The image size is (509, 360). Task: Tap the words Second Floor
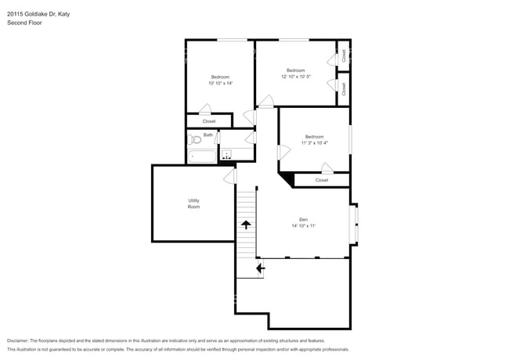pyautogui.click(x=24, y=23)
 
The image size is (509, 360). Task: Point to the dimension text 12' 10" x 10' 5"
pyautogui.click(x=296, y=77)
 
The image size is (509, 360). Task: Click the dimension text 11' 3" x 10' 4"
pyautogui.click(x=315, y=142)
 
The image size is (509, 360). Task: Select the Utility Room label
pyautogui.click(x=193, y=203)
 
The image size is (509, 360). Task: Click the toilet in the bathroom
pyautogui.click(x=193, y=141)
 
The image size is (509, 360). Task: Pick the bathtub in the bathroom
pyautogui.click(x=203, y=157)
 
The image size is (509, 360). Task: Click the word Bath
pyautogui.click(x=208, y=135)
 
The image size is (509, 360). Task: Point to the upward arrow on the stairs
pyautogui.click(x=246, y=225)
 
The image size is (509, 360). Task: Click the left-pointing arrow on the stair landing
pyautogui.click(x=260, y=268)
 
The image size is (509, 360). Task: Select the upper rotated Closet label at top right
pyautogui.click(x=343, y=56)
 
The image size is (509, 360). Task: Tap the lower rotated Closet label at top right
pyautogui.click(x=343, y=88)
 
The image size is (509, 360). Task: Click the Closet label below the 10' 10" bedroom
pyautogui.click(x=209, y=121)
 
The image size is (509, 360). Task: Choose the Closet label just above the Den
pyautogui.click(x=322, y=180)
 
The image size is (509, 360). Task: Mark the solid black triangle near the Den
pyautogui.click(x=288, y=180)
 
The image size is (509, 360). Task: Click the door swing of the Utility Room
pyautogui.click(x=230, y=177)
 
